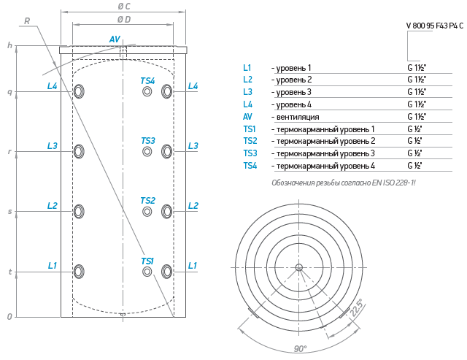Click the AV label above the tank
coord(115,39)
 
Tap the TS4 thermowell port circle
coord(147,91)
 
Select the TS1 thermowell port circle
coord(147,272)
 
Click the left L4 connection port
coord(79,91)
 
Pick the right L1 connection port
coord(166,272)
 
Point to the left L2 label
coord(53,206)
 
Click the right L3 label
coord(193,146)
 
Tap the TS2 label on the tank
coord(147,201)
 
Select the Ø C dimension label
coord(123,7)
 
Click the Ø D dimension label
coord(124,20)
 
